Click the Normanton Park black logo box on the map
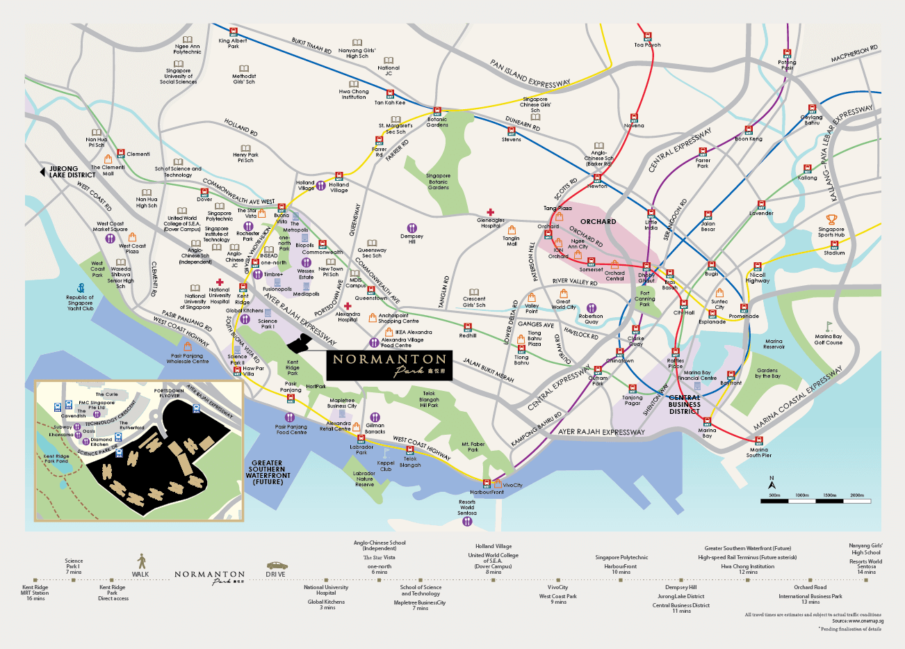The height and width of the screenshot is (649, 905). [x=389, y=365]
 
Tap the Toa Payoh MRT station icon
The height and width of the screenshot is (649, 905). [x=647, y=36]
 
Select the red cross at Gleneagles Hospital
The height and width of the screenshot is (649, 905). [x=490, y=212]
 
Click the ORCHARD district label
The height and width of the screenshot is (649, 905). [x=598, y=222]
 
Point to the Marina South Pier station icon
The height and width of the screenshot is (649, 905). [x=759, y=441]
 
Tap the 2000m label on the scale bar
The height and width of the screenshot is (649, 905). [x=857, y=495]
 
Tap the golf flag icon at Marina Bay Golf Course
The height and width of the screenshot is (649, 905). [x=828, y=326]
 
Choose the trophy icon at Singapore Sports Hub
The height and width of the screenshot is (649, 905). [x=832, y=220]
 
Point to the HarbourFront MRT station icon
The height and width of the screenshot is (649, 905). [x=487, y=483]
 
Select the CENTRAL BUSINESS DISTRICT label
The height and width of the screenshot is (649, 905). [x=685, y=404]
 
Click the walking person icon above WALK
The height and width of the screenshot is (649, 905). [x=141, y=561]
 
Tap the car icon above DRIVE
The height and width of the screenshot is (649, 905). [x=276, y=566]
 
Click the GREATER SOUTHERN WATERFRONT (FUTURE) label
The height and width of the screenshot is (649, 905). [x=268, y=472]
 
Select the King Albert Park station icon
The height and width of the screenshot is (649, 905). [x=234, y=31]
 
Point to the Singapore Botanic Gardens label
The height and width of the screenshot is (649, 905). [x=438, y=182]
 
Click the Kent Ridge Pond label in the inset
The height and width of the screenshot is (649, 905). [x=56, y=459]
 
